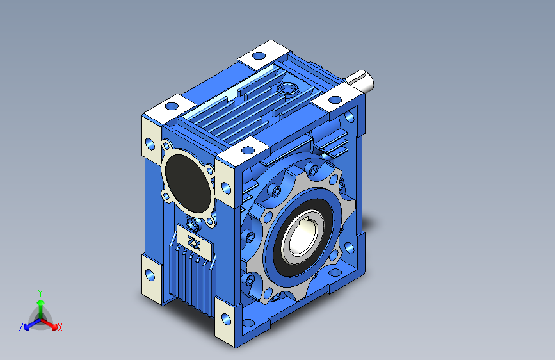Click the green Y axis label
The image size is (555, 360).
40,293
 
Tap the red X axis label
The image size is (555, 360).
60,327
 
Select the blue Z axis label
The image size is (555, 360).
21,327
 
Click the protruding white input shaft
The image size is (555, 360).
361,80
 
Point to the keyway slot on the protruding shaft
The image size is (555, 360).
358,76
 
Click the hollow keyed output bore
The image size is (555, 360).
303,237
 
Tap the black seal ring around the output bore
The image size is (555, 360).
300,237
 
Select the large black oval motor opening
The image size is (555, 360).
188,183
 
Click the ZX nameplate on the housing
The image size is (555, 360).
195,243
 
